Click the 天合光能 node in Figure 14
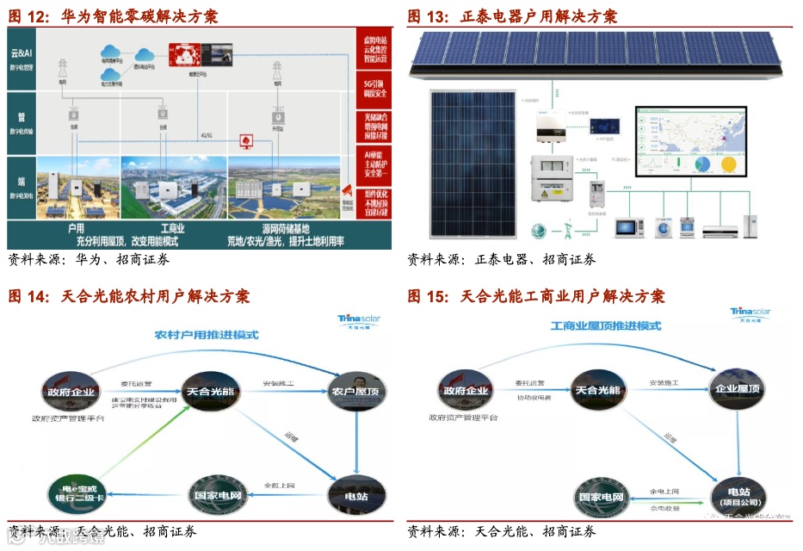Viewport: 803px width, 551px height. [x=209, y=390]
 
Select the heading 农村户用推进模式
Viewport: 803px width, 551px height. [x=207, y=334]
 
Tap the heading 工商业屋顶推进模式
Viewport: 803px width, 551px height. [x=606, y=326]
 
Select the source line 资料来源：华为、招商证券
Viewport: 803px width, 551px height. [x=89, y=259]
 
